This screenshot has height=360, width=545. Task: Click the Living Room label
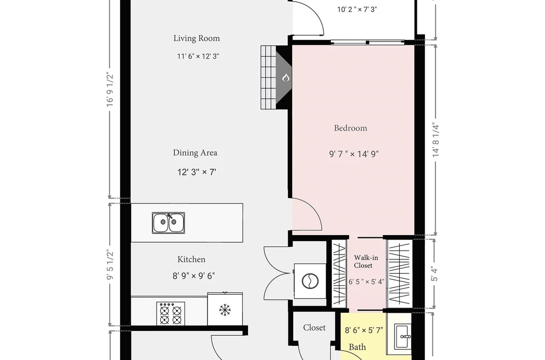(197, 38)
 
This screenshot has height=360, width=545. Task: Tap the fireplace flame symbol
(286, 77)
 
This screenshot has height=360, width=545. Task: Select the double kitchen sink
(168, 223)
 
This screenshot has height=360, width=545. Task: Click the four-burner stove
(171, 313)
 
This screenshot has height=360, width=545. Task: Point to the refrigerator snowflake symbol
(225, 310)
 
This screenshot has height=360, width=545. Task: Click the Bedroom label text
(350, 128)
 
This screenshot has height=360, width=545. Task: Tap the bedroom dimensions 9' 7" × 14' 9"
(354, 153)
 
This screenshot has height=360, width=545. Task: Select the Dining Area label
(195, 153)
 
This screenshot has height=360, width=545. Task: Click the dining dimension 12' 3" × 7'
(197, 172)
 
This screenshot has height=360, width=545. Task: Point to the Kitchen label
(192, 259)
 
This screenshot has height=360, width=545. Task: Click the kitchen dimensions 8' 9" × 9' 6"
(194, 276)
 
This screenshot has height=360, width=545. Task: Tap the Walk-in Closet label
(366, 262)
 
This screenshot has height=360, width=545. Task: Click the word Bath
(357, 347)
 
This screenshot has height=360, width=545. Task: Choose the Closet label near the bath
(314, 328)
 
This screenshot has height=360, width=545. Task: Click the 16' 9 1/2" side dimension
(110, 89)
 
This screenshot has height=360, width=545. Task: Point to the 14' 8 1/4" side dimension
(436, 140)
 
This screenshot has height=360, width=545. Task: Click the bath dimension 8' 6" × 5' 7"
(364, 330)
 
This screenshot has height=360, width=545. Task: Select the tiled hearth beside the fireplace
(268, 77)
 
